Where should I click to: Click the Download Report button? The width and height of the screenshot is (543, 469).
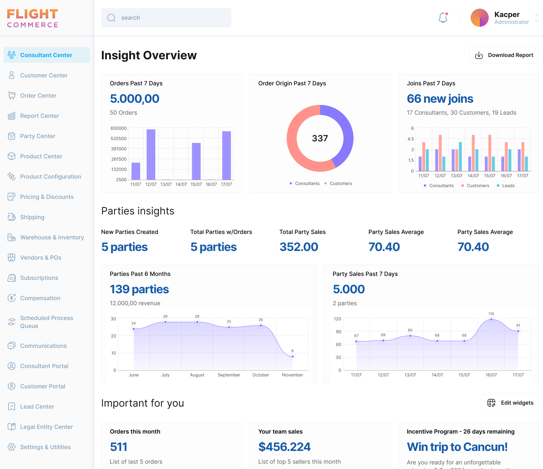(x=504, y=55)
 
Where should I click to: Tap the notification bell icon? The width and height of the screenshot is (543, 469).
(x=443, y=18)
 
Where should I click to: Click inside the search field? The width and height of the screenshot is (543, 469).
(x=166, y=18)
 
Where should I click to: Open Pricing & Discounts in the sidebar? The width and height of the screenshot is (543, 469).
(x=47, y=197)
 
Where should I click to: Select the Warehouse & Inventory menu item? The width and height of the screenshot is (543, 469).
(x=52, y=237)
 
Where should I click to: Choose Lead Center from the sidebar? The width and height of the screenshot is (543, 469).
(x=37, y=406)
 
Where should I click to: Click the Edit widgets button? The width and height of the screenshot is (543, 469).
(x=510, y=403)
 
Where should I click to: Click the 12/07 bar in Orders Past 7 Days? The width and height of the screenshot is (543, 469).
(x=151, y=154)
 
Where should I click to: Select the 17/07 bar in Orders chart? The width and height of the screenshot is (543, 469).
(x=227, y=155)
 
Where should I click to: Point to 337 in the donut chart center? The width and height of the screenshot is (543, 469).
(x=320, y=138)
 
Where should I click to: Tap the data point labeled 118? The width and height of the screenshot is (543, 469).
(x=491, y=320)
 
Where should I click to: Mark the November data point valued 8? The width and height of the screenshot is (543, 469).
(x=293, y=357)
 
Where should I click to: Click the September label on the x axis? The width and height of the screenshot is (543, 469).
(x=229, y=375)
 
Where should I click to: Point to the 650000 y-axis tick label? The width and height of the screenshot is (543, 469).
(x=118, y=128)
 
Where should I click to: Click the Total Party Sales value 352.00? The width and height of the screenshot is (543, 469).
(x=299, y=247)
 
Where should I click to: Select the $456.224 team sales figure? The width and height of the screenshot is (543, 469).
(x=284, y=447)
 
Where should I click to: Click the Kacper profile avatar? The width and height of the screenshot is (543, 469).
(x=479, y=18)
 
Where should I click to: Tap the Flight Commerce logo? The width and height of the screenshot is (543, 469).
(x=33, y=18)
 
